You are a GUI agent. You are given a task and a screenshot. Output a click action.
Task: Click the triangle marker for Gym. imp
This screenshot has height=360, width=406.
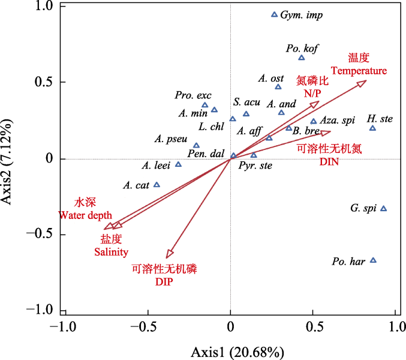[x=275, y=14]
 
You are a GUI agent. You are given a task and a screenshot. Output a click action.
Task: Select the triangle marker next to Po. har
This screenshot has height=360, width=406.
[x=373, y=260]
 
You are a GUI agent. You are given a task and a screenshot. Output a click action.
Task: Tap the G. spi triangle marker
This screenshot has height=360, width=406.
[x=384, y=208]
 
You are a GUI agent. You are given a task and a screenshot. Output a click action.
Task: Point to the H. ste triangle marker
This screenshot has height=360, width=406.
[x=372, y=128]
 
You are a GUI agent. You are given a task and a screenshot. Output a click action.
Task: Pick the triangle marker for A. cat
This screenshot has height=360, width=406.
[x=157, y=185]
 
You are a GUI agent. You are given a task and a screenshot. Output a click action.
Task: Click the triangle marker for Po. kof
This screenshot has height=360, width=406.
[x=302, y=58]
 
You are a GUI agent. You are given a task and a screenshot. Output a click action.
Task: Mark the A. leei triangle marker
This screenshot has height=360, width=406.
[x=178, y=164]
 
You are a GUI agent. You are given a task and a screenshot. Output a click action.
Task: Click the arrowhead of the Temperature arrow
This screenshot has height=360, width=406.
[x=362, y=83]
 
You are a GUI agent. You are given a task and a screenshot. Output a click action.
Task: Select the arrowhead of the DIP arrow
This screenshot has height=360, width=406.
[x=169, y=254]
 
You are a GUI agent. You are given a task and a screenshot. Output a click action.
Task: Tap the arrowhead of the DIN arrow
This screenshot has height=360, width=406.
[x=326, y=133]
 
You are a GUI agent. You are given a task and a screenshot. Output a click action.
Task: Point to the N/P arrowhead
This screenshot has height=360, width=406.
[x=315, y=104]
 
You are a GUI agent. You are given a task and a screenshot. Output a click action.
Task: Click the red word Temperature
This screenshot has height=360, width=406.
[x=359, y=71]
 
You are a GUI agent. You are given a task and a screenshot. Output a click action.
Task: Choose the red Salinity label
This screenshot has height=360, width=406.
[x=112, y=252]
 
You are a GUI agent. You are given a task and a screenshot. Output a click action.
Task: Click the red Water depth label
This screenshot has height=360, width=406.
[x=85, y=215]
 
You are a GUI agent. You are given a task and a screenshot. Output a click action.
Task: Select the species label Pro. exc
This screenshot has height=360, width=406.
[x=193, y=95]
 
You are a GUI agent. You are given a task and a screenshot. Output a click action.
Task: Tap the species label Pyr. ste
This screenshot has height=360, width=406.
[x=255, y=166]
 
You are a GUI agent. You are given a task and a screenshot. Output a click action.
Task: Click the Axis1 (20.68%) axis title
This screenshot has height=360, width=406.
[x=237, y=352]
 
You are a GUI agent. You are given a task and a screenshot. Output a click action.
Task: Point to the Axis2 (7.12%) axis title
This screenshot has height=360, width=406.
[x=7, y=162]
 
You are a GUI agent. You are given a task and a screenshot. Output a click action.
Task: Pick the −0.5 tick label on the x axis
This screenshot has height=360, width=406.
[x=144, y=327]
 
